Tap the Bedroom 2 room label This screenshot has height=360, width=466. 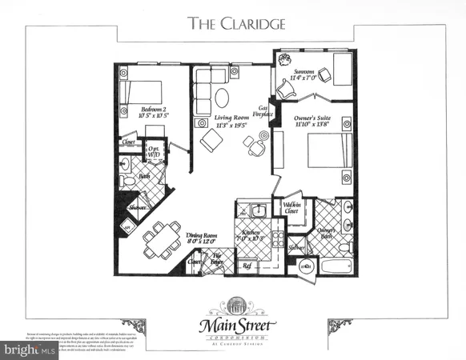(153, 112)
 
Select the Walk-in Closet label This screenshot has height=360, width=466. (291, 209)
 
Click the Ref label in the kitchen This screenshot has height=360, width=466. (247, 263)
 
